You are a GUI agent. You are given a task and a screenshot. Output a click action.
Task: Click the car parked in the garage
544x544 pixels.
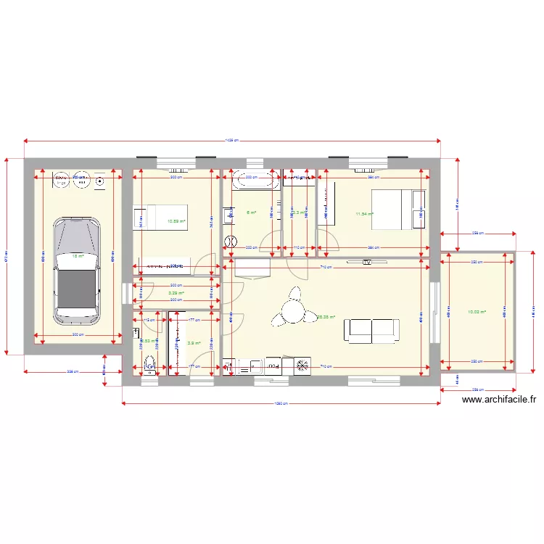pyautogui.click(x=76, y=268)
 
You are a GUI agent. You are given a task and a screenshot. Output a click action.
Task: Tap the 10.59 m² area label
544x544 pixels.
pyautogui.click(x=176, y=222)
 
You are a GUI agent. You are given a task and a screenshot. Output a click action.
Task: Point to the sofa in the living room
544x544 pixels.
pyautogui.click(x=371, y=329)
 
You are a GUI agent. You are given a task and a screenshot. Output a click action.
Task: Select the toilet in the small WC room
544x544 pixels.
pyautogui.click(x=150, y=364)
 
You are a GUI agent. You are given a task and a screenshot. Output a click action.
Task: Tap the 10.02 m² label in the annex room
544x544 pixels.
pyautogui.click(x=476, y=312)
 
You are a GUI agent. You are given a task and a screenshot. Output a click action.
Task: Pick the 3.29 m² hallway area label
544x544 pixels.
pyautogui.click(x=176, y=294)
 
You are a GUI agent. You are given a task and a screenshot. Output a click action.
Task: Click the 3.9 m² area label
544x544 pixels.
pyautogui.click(x=194, y=343)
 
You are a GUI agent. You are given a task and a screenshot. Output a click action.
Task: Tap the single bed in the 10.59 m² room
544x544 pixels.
pyautogui.click(x=162, y=216)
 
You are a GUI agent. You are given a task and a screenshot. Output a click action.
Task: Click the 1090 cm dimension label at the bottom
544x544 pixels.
pyautogui.click(x=281, y=404)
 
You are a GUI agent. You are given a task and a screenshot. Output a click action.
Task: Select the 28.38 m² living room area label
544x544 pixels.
pyautogui.click(x=326, y=316)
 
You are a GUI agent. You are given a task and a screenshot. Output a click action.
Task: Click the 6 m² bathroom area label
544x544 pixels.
pyautogui.click(x=251, y=213)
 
